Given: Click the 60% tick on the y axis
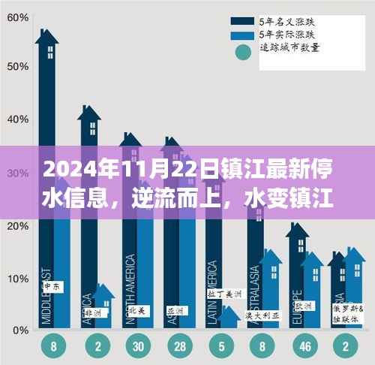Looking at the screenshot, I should [x=13, y=13].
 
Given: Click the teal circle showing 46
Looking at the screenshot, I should [x=304, y=347].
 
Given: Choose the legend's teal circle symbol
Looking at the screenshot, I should [x=241, y=52].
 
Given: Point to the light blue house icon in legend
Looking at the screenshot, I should [x=241, y=35].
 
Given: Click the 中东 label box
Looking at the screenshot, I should [x=52, y=286].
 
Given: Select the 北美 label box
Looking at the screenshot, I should [x=137, y=309].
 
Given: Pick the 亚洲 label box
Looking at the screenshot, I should [x=178, y=309].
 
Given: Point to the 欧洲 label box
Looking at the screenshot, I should [x=304, y=306].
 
